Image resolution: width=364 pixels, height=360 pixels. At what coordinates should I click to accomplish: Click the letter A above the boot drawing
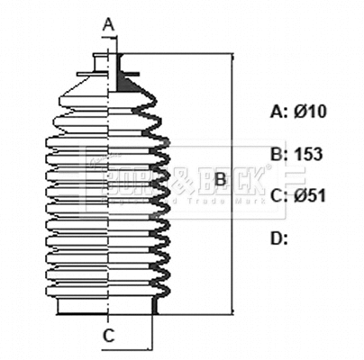pyautogui.click(x=108, y=23)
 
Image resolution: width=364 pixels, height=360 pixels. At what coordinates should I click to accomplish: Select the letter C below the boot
pyautogui.click(x=107, y=337)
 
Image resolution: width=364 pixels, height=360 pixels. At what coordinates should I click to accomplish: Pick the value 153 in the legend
pyautogui.click(x=308, y=154)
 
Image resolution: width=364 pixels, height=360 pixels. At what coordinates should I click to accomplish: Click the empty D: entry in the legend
pyautogui.click(x=279, y=238)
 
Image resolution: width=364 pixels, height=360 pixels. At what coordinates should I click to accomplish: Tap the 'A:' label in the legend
pyautogui.click(x=279, y=112)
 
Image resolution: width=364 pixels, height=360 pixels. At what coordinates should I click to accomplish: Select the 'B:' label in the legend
pyautogui.click(x=279, y=154)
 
